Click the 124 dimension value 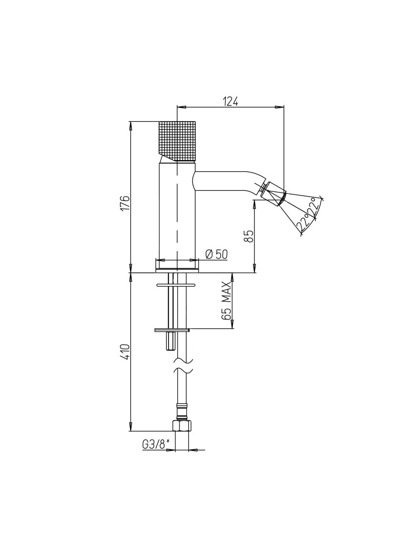click(230, 102)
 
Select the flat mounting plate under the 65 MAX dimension click(172, 330)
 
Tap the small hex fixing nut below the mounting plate click(171, 341)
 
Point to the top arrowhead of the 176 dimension click(131, 126)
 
